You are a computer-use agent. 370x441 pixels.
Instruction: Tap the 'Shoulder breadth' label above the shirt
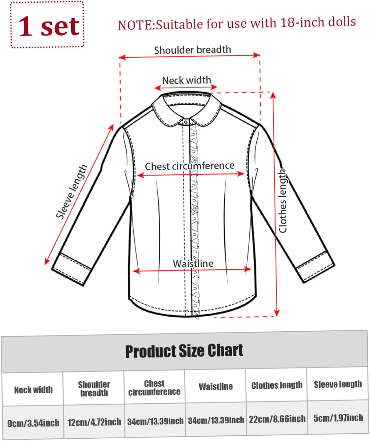coord(192,50)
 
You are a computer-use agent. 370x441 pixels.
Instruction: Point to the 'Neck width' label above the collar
coord(186,80)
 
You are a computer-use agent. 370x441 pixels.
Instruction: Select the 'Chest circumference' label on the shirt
coord(190,166)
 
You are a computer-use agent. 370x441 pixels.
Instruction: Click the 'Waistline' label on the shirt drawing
coord(193,263)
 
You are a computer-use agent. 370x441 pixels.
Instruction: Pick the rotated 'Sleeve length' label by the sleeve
coord(72,192)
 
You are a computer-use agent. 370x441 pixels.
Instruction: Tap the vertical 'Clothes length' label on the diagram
coord(282,201)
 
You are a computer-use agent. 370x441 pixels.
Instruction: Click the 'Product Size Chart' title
coord(184,351)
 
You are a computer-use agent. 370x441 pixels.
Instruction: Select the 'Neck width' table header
coord(33,390)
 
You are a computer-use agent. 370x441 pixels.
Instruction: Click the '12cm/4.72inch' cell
coord(94,422)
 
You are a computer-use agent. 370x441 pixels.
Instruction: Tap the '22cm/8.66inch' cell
coord(277,419)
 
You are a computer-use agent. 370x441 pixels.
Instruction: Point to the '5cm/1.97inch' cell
coord(338,418)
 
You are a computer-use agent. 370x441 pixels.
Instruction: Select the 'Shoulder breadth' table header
coord(94,389)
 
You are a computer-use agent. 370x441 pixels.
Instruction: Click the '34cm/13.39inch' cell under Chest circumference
coord(155,421)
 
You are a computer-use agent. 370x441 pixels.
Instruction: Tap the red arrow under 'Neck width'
coord(186,87)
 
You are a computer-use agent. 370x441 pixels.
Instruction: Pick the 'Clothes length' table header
coord(277,385)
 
